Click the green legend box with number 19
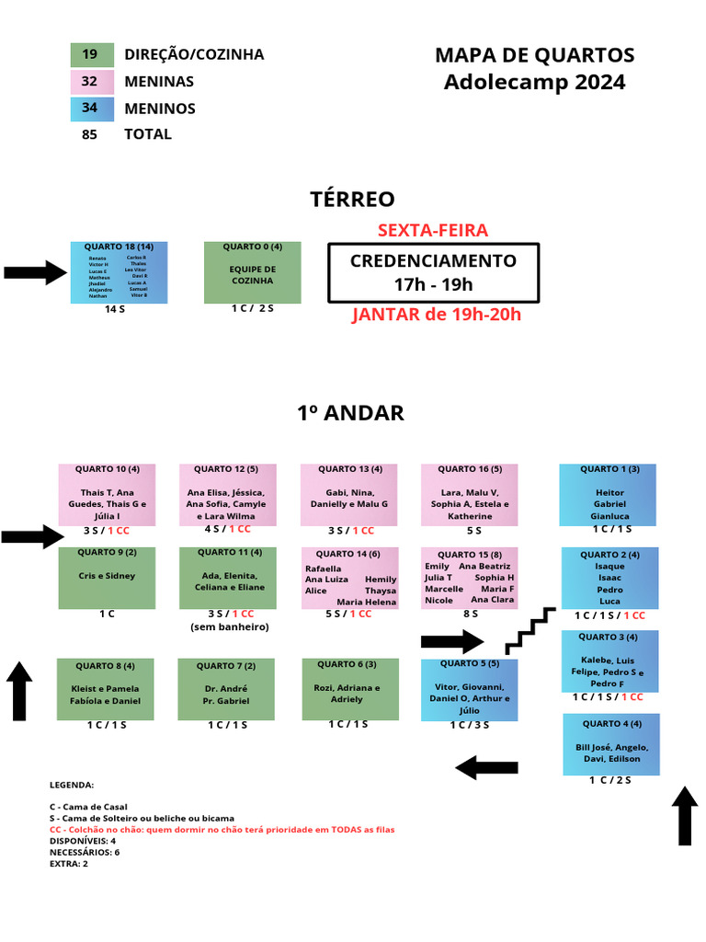coord(92,55)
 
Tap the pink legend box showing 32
coord(92,82)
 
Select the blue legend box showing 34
coord(92,109)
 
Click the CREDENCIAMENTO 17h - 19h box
coord(433,272)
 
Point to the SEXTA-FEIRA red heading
coord(433,230)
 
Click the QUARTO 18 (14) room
coord(120,272)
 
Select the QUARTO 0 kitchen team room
coord(252,272)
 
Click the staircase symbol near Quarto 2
coord(531,630)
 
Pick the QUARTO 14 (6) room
coord(349,578)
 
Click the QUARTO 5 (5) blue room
coord(469,689)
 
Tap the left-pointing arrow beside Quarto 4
coord(487,766)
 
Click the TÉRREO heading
coord(352,200)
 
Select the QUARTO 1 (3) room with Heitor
coord(609,494)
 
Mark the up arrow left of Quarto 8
coord(20,690)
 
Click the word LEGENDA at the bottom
coord(72,785)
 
